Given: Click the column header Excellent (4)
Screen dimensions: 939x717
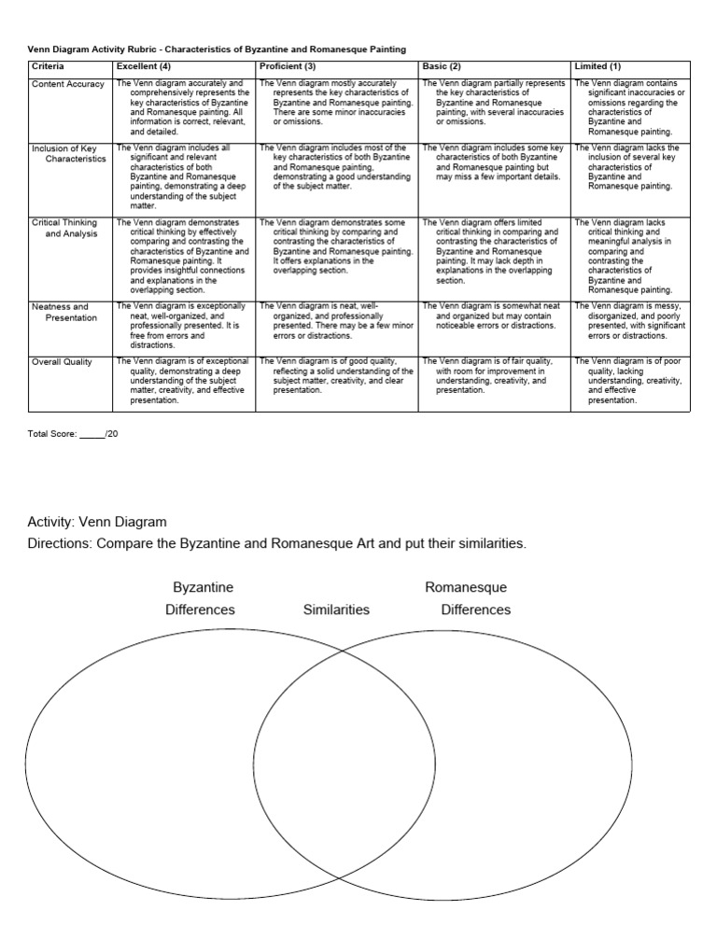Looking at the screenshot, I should coord(143,67).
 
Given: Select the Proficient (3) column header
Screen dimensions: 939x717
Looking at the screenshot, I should coord(288,67).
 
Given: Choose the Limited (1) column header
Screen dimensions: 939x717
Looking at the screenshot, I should coord(597,67).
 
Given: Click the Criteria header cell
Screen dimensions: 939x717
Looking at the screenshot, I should coord(48,67).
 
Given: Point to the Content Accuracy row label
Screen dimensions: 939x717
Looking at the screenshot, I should coord(68,84).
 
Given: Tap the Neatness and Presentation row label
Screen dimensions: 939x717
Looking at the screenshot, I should coord(64,312).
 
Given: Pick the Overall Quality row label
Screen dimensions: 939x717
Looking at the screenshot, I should coord(63,362).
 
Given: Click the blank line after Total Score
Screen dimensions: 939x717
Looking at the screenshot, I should coord(91,436).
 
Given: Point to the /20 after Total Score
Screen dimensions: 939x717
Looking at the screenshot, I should coord(112,435).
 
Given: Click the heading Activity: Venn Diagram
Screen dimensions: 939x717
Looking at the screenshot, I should coord(97,521).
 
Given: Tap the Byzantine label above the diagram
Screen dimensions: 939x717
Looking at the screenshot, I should coord(204,587).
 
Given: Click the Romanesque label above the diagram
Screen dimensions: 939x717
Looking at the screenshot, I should coord(466,587).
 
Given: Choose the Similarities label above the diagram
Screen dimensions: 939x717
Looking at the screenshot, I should coord(336,610).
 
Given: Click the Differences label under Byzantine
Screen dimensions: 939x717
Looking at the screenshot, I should coord(200,610).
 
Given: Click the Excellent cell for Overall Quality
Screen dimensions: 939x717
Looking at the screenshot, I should coord(183,380).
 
